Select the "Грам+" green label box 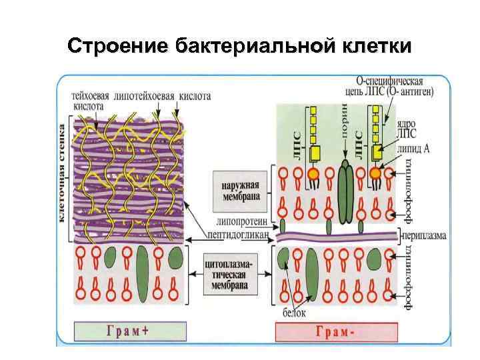[129, 331]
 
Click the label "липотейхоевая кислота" [163, 96]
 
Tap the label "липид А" [412, 151]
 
